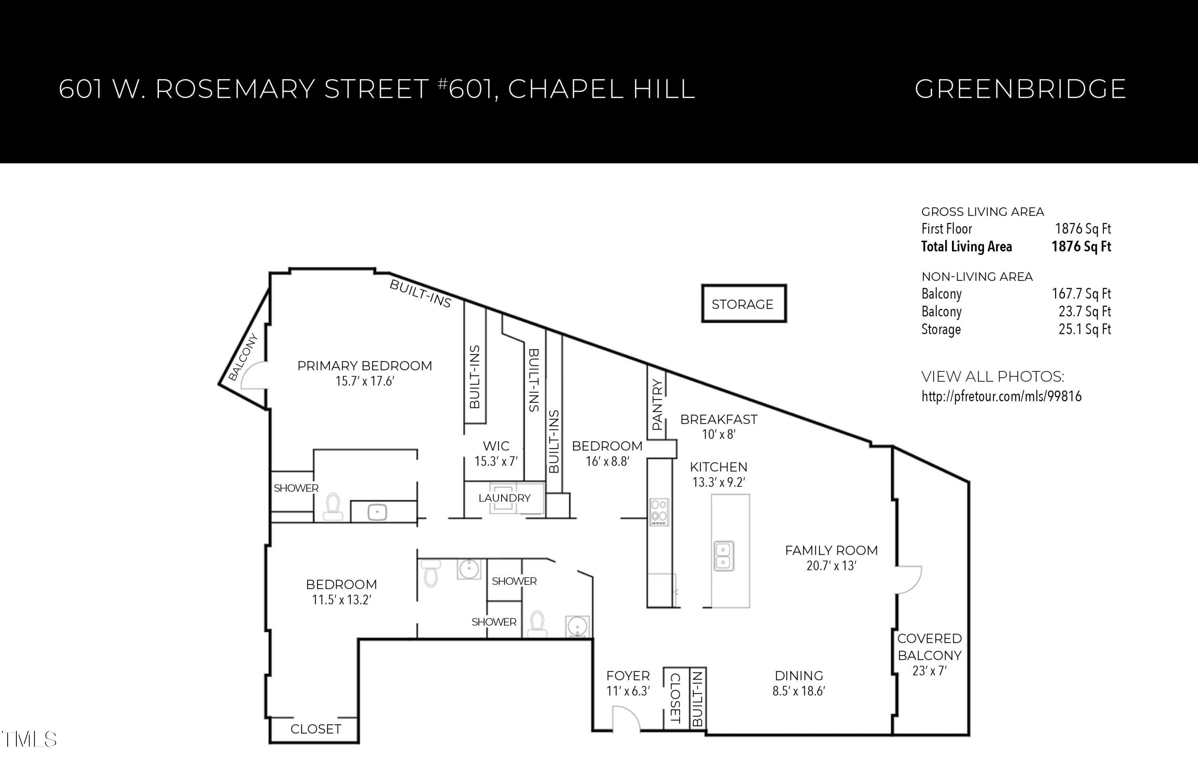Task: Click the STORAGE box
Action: click(x=743, y=304)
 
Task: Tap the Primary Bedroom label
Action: click(x=365, y=366)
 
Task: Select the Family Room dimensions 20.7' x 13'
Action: click(x=831, y=566)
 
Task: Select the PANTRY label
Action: click(x=657, y=405)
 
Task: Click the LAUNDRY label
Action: click(x=504, y=498)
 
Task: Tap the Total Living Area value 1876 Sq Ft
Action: click(x=1081, y=247)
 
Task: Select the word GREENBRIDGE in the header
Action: click(x=1019, y=89)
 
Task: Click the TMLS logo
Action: click(x=29, y=739)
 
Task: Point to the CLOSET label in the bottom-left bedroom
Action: click(x=316, y=729)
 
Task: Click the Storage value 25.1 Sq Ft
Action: click(x=1084, y=330)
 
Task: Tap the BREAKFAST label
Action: click(x=719, y=419)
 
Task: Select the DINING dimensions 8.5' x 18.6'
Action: click(x=799, y=691)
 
